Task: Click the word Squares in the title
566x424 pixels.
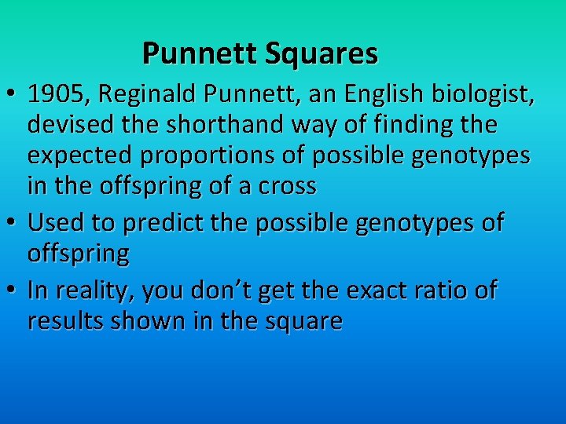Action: [x=322, y=53]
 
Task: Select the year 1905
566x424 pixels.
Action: [x=52, y=96]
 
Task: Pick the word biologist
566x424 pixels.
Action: [x=487, y=96]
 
